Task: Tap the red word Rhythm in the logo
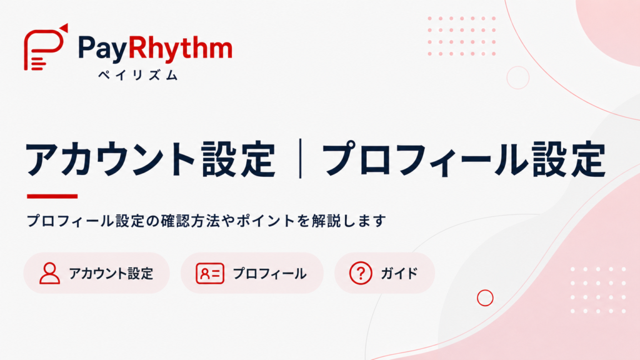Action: tap(180, 48)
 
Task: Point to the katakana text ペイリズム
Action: tap(138, 75)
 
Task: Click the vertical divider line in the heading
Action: tap(301, 158)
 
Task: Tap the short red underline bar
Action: tap(52, 196)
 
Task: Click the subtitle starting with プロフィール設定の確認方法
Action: tap(206, 221)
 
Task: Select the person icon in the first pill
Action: tap(50, 273)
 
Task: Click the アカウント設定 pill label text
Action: tap(111, 274)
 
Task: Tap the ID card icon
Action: tap(210, 274)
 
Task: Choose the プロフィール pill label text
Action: tap(269, 274)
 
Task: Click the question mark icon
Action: tap(361, 273)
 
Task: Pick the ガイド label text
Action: tap(399, 274)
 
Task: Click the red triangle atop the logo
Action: tap(64, 27)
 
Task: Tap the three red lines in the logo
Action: tap(38, 63)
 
